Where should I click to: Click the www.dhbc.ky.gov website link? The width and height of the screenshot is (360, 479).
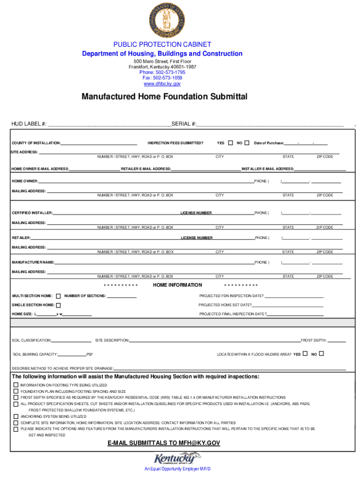162,84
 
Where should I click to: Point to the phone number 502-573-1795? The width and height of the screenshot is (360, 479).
162,73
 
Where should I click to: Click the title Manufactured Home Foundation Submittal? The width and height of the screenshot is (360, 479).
164,97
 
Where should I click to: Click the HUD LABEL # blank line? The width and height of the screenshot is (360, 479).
109,124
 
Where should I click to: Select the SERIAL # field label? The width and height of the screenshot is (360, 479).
184,124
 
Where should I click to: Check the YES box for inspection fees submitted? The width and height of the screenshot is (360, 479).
230,142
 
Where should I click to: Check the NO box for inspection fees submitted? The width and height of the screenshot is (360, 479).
247,142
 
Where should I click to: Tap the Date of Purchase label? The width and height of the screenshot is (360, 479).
268,143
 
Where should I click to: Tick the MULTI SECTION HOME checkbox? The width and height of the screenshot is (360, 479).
58,296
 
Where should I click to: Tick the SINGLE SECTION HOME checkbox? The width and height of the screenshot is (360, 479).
58,305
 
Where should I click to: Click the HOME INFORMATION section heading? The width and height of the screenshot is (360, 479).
177,285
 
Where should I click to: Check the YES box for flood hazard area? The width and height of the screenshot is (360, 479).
305,354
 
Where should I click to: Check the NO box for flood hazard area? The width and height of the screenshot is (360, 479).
321,354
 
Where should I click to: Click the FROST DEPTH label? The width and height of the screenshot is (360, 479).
313,341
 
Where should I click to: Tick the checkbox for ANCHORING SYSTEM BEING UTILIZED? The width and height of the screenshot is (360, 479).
15,416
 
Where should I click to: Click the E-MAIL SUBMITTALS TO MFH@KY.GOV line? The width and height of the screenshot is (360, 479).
164,443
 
